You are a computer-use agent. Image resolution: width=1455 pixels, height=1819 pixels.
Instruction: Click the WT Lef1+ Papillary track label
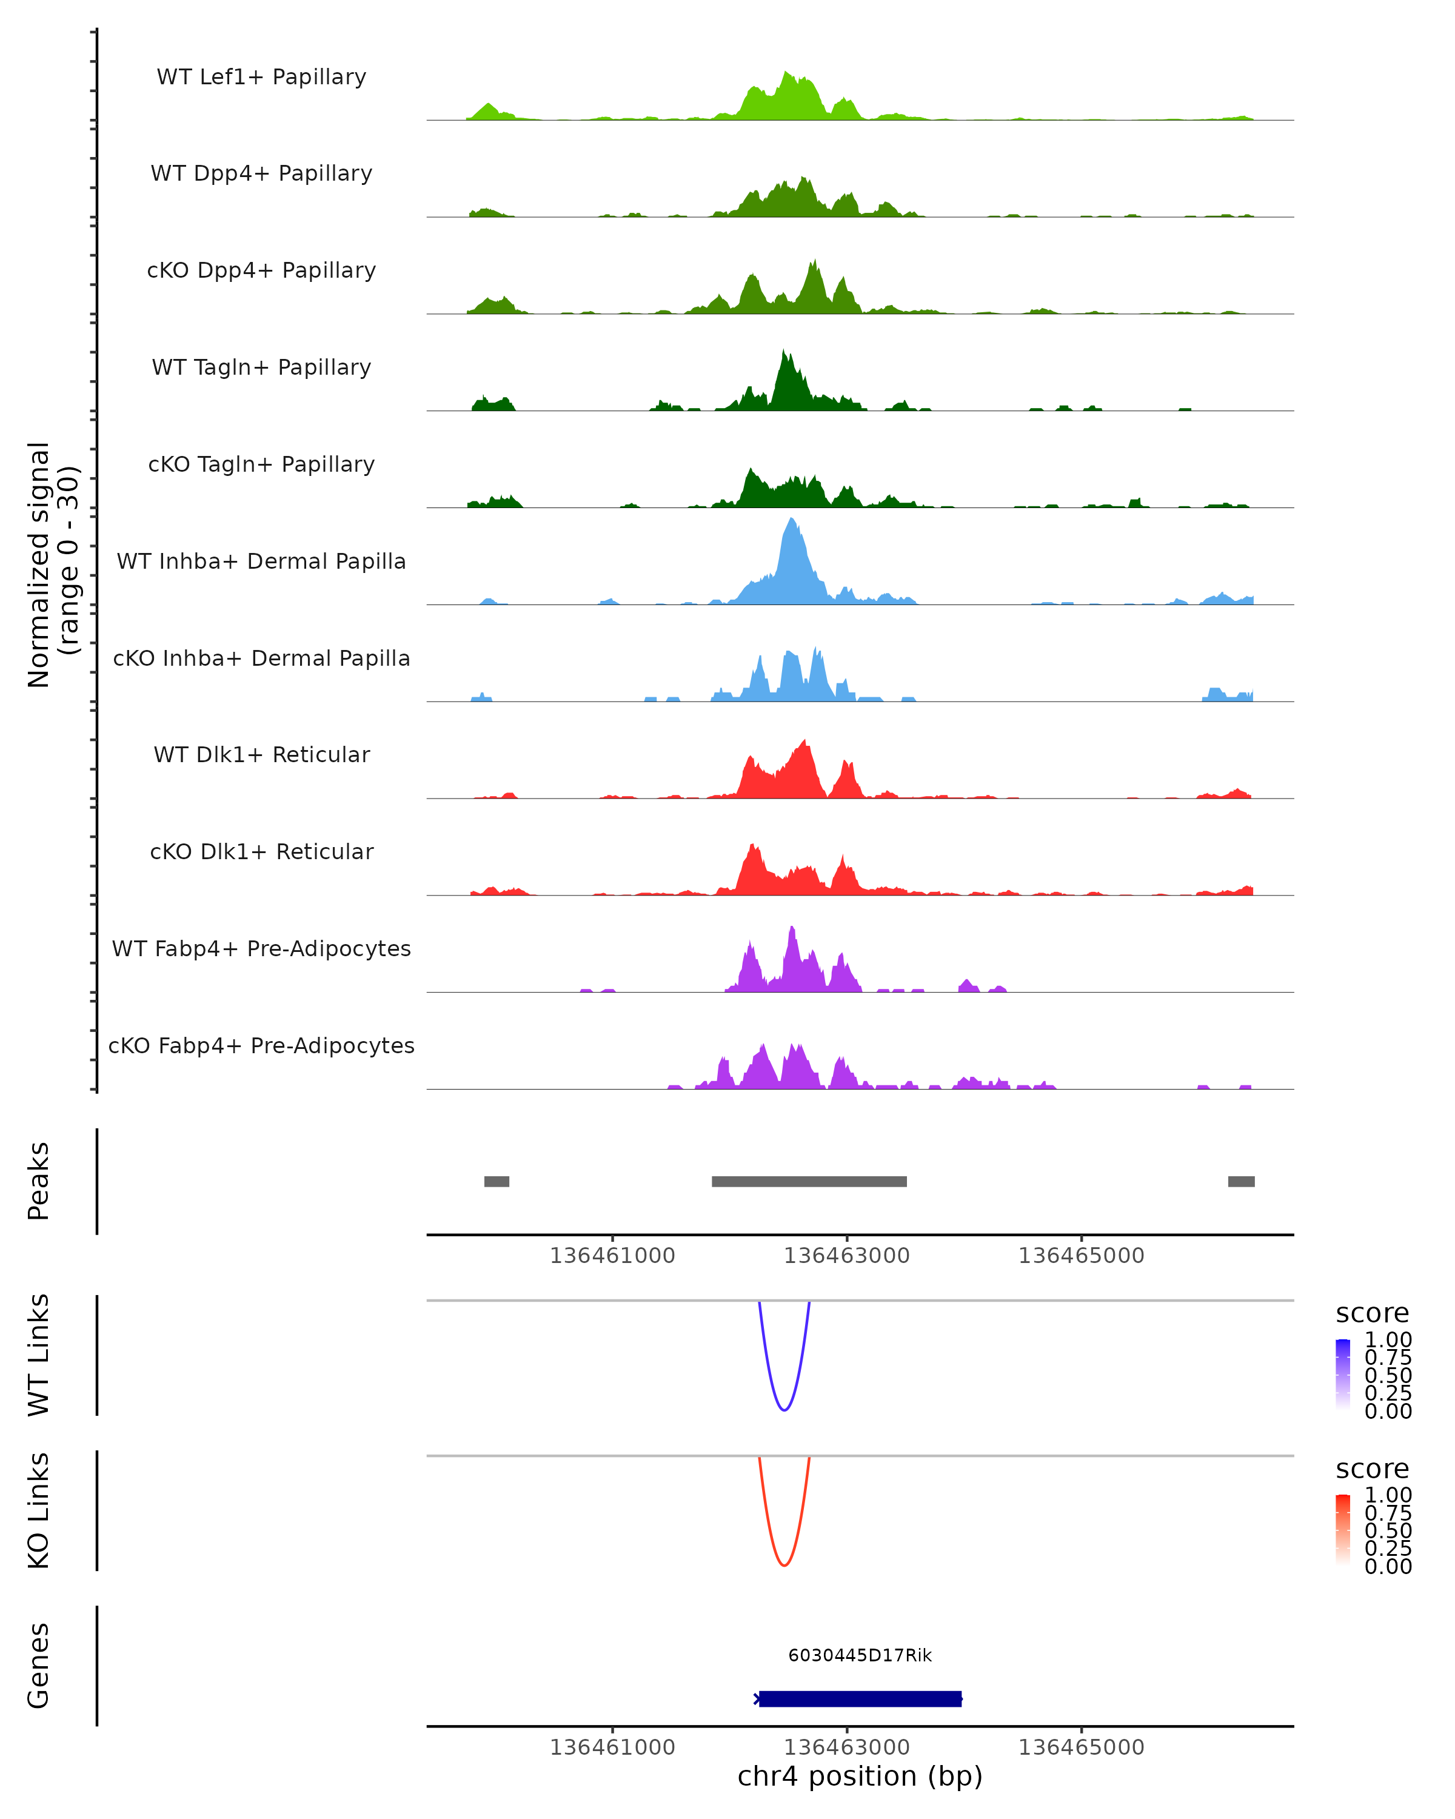click(x=261, y=77)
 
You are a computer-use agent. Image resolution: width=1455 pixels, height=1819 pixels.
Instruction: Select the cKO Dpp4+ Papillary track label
click(x=261, y=271)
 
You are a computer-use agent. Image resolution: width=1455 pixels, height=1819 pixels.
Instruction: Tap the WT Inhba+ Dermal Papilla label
click(x=261, y=562)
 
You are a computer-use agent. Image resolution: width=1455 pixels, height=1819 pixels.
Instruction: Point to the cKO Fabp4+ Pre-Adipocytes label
click(x=261, y=1046)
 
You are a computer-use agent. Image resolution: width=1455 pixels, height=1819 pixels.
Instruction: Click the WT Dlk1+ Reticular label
click(x=261, y=755)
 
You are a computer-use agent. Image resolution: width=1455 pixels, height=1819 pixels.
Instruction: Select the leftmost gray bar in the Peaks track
click(x=497, y=1181)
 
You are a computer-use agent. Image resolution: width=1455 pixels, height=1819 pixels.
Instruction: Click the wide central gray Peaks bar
click(x=809, y=1181)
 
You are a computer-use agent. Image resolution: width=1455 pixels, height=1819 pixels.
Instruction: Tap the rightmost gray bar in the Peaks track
click(x=1241, y=1181)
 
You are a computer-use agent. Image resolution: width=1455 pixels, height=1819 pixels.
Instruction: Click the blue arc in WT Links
click(x=784, y=1409)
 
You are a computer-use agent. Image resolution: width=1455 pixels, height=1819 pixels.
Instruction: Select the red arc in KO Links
click(x=784, y=1564)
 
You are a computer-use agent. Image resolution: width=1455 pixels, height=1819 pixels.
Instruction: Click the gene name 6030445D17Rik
click(x=860, y=1655)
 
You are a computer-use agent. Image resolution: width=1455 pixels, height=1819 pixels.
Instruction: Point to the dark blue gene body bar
click(x=860, y=1698)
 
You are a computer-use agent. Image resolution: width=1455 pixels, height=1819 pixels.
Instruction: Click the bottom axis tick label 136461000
click(x=612, y=1747)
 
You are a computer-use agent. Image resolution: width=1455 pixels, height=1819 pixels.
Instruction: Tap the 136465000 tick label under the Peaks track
click(x=1082, y=1256)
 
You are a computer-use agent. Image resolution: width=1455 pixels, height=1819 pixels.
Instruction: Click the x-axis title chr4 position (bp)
click(x=860, y=1777)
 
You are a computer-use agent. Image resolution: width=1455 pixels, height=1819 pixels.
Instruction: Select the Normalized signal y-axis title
click(x=52, y=564)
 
